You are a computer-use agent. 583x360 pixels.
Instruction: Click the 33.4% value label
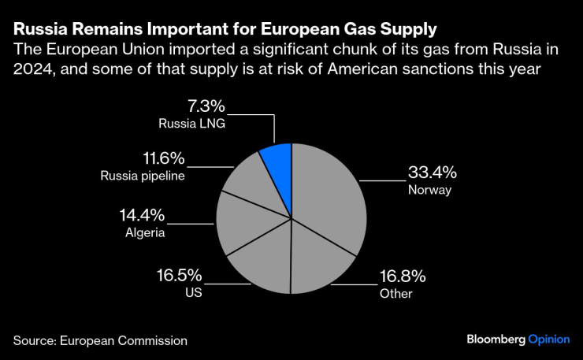tap(433, 173)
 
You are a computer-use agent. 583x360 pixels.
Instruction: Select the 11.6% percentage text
tap(141, 158)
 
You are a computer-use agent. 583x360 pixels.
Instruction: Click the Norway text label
tap(428, 190)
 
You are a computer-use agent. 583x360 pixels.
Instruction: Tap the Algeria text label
tap(146, 232)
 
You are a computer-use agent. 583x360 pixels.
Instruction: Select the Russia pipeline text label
tap(143, 176)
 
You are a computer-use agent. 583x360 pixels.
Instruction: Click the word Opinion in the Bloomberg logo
tap(548, 340)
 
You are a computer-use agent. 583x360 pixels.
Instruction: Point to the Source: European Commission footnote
tap(100, 340)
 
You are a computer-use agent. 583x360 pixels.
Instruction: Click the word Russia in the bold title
tap(37, 31)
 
